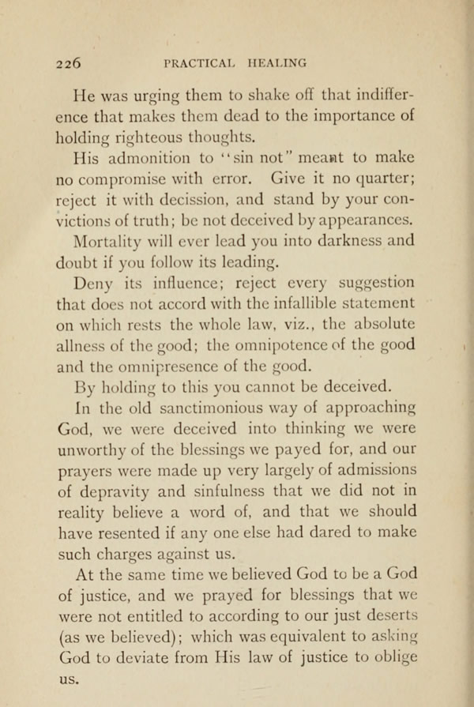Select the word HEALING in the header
click(277, 62)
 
